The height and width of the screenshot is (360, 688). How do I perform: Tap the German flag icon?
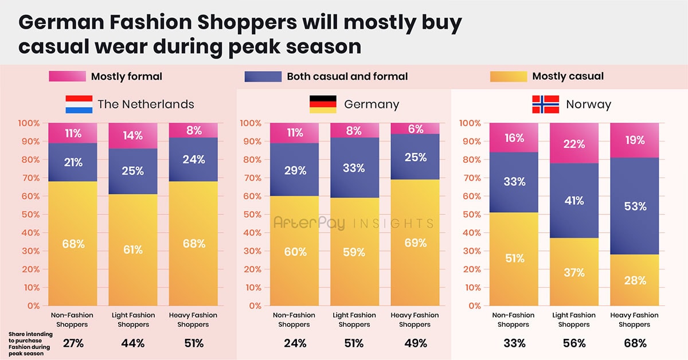point(323,104)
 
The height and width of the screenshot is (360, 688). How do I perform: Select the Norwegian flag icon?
point(545,104)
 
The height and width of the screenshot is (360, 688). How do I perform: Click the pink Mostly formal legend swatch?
point(67,76)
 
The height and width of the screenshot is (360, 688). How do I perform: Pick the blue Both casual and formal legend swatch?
point(263,76)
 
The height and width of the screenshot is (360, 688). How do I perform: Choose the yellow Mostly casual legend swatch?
point(508,76)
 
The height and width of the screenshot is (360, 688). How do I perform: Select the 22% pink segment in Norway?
point(574,143)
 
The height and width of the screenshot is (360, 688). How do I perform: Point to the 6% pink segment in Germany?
point(415,128)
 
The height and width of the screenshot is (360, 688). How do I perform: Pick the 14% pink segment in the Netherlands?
point(133,136)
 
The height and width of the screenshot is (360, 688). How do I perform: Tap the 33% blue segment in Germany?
point(354,169)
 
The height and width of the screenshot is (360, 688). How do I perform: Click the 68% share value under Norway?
point(635,343)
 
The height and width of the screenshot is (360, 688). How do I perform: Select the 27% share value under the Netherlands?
point(73,343)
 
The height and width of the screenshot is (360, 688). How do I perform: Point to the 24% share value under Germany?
point(295,343)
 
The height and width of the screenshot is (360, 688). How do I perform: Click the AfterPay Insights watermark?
point(353,223)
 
